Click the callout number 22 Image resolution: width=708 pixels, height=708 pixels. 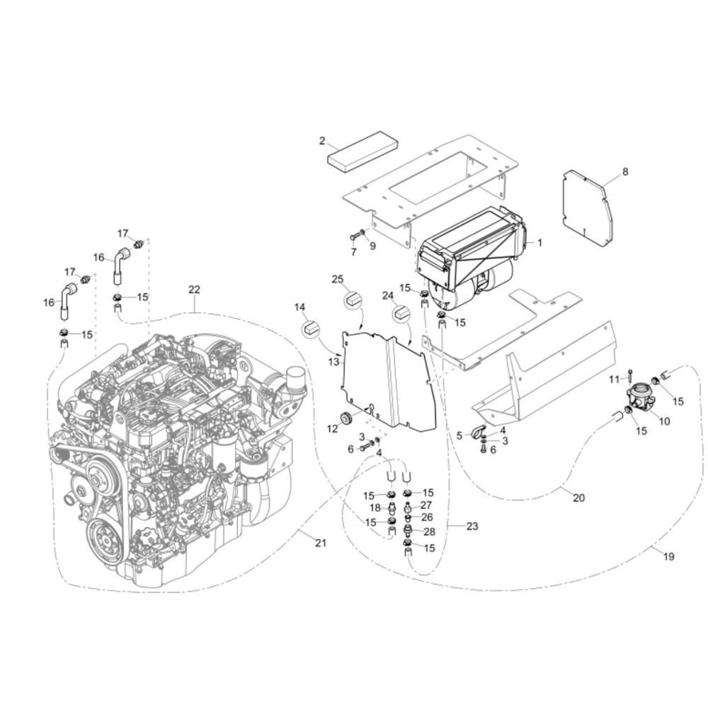[194, 290]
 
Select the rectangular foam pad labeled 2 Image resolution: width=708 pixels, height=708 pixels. [363, 152]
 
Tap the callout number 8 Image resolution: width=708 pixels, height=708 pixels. [625, 171]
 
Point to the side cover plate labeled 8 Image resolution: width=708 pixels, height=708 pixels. [588, 208]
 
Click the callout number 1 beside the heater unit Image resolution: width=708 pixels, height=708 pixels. [539, 242]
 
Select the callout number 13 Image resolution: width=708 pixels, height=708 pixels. [333, 362]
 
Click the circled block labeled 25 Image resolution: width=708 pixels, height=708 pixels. [353, 299]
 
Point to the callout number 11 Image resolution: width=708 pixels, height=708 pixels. [614, 379]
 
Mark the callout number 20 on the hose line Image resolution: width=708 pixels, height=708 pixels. [579, 498]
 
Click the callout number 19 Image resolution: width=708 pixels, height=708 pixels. [669, 556]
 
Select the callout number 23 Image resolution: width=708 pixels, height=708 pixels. [472, 526]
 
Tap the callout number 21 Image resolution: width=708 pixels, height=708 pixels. [320, 542]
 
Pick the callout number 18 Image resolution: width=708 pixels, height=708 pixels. [375, 508]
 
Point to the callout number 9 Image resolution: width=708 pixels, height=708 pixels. [372, 246]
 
